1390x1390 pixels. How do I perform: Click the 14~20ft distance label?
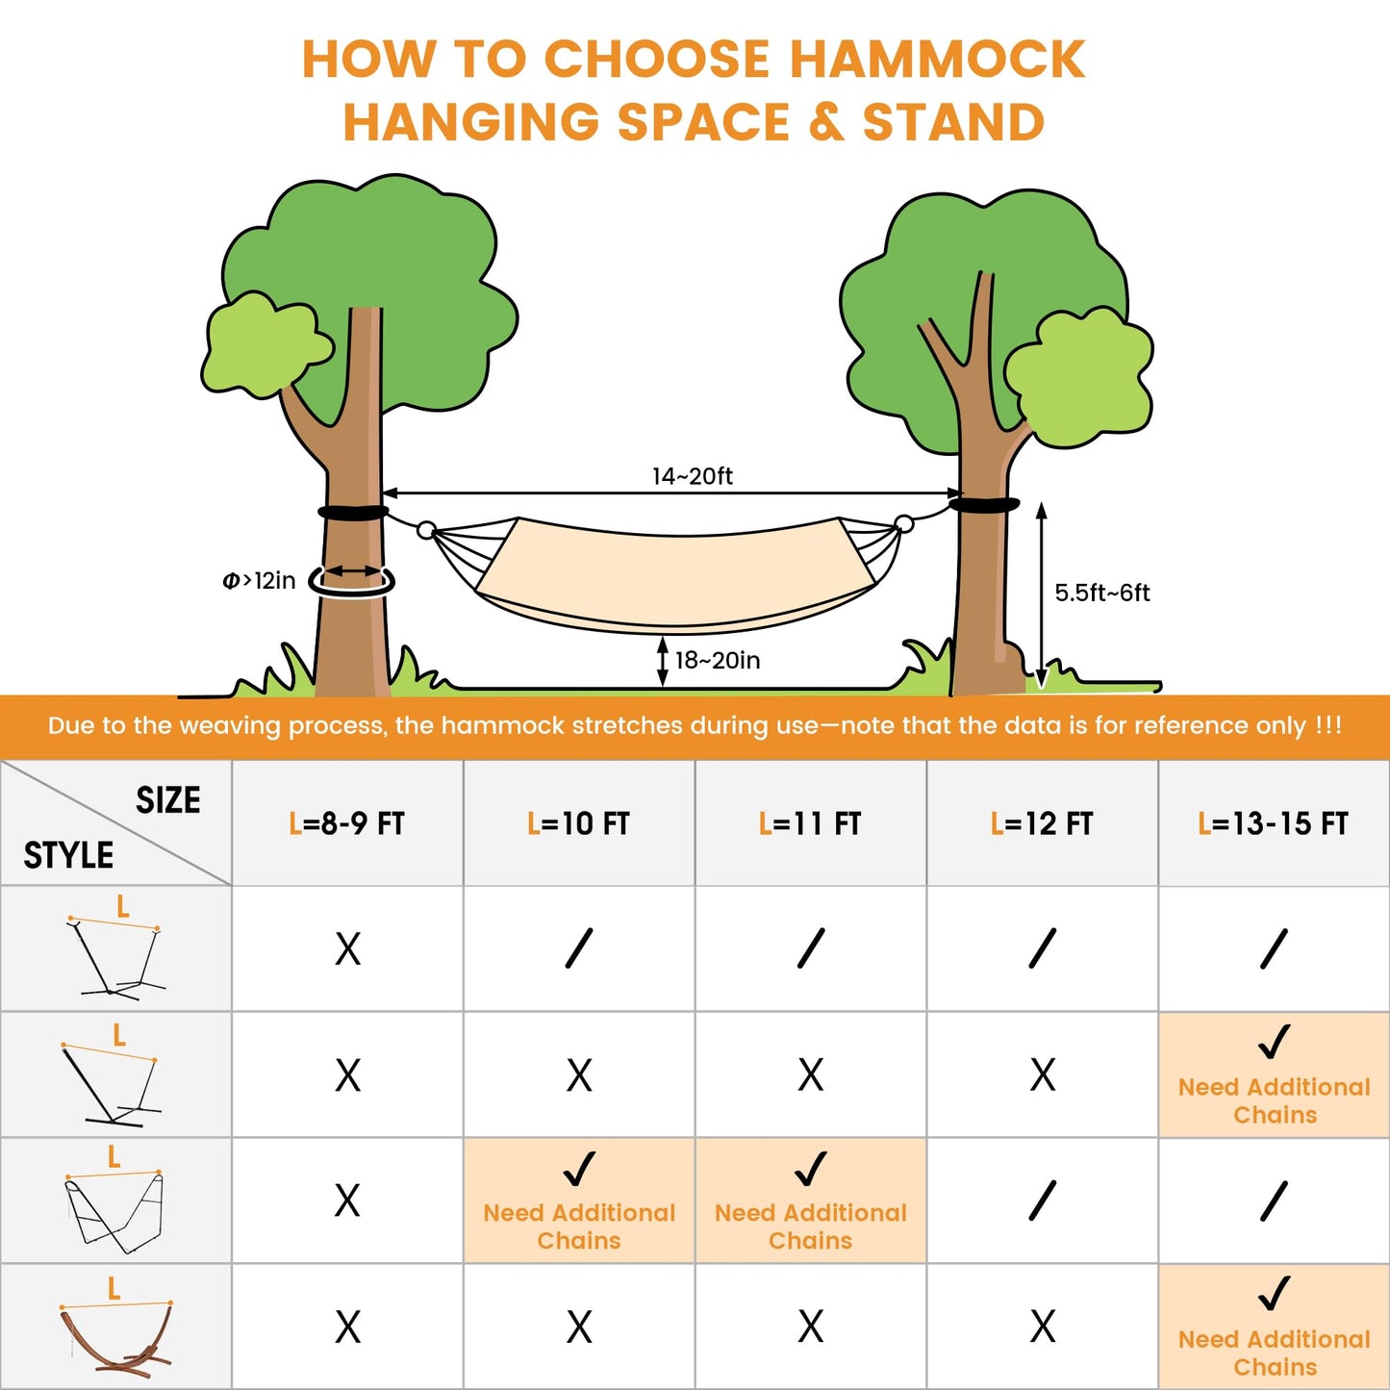point(692,476)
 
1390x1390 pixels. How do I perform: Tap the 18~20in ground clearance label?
point(717,661)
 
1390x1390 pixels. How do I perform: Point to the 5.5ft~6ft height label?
point(1101,593)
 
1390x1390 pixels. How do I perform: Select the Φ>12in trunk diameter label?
point(259,581)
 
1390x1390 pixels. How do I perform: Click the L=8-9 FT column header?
point(347,823)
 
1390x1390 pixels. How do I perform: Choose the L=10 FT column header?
point(578,823)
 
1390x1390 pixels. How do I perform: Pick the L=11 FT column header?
point(810,823)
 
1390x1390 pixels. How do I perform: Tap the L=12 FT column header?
point(1042,823)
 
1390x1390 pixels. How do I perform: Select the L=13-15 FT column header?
point(1274,823)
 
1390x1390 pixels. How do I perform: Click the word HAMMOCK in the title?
point(937,59)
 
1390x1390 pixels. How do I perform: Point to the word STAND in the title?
point(953,123)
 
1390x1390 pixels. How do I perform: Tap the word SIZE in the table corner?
point(168,800)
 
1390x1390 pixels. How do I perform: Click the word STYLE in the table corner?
point(68,855)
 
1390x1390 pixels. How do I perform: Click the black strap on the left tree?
point(353,513)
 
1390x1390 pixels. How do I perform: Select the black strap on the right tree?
point(983,505)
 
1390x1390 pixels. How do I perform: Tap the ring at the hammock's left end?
point(426,530)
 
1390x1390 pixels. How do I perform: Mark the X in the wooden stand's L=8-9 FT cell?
point(347,1327)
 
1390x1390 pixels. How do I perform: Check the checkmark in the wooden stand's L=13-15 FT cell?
point(1274,1294)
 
